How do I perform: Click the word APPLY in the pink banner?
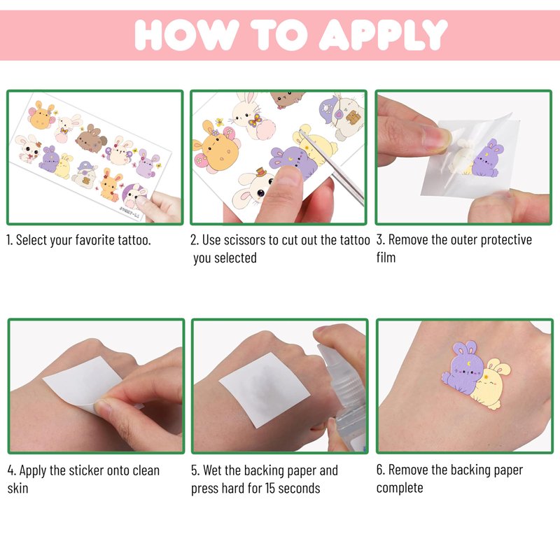click(x=383, y=34)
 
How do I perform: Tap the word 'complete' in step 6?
click(x=400, y=488)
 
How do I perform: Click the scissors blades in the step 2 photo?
click(x=332, y=168)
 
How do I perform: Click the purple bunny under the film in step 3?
click(x=487, y=159)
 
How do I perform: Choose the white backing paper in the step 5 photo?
click(x=264, y=389)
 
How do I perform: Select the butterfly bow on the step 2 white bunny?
click(x=255, y=120)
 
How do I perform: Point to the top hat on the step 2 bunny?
click(x=261, y=172)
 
